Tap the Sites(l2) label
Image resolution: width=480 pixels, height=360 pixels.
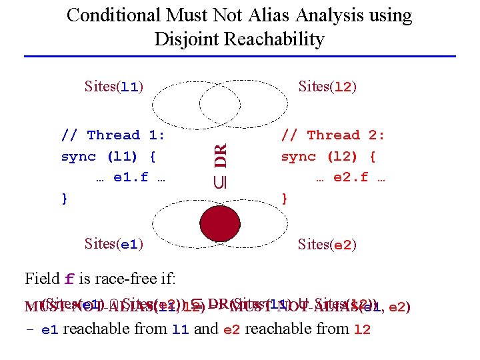point(328,87)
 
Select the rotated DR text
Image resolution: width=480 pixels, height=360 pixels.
point(221,155)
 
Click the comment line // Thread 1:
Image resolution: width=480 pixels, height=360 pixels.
point(113,135)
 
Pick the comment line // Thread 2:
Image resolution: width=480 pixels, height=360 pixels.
point(333,135)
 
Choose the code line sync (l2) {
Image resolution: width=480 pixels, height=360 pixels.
point(328,157)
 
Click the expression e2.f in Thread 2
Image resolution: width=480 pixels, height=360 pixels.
point(351,178)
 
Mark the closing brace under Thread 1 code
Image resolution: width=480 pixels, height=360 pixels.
point(65,199)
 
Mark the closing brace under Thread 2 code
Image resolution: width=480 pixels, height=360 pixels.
point(285,199)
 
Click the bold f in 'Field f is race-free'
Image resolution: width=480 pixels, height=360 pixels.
point(69,279)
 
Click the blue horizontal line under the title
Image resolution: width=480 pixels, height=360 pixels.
point(240,56)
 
